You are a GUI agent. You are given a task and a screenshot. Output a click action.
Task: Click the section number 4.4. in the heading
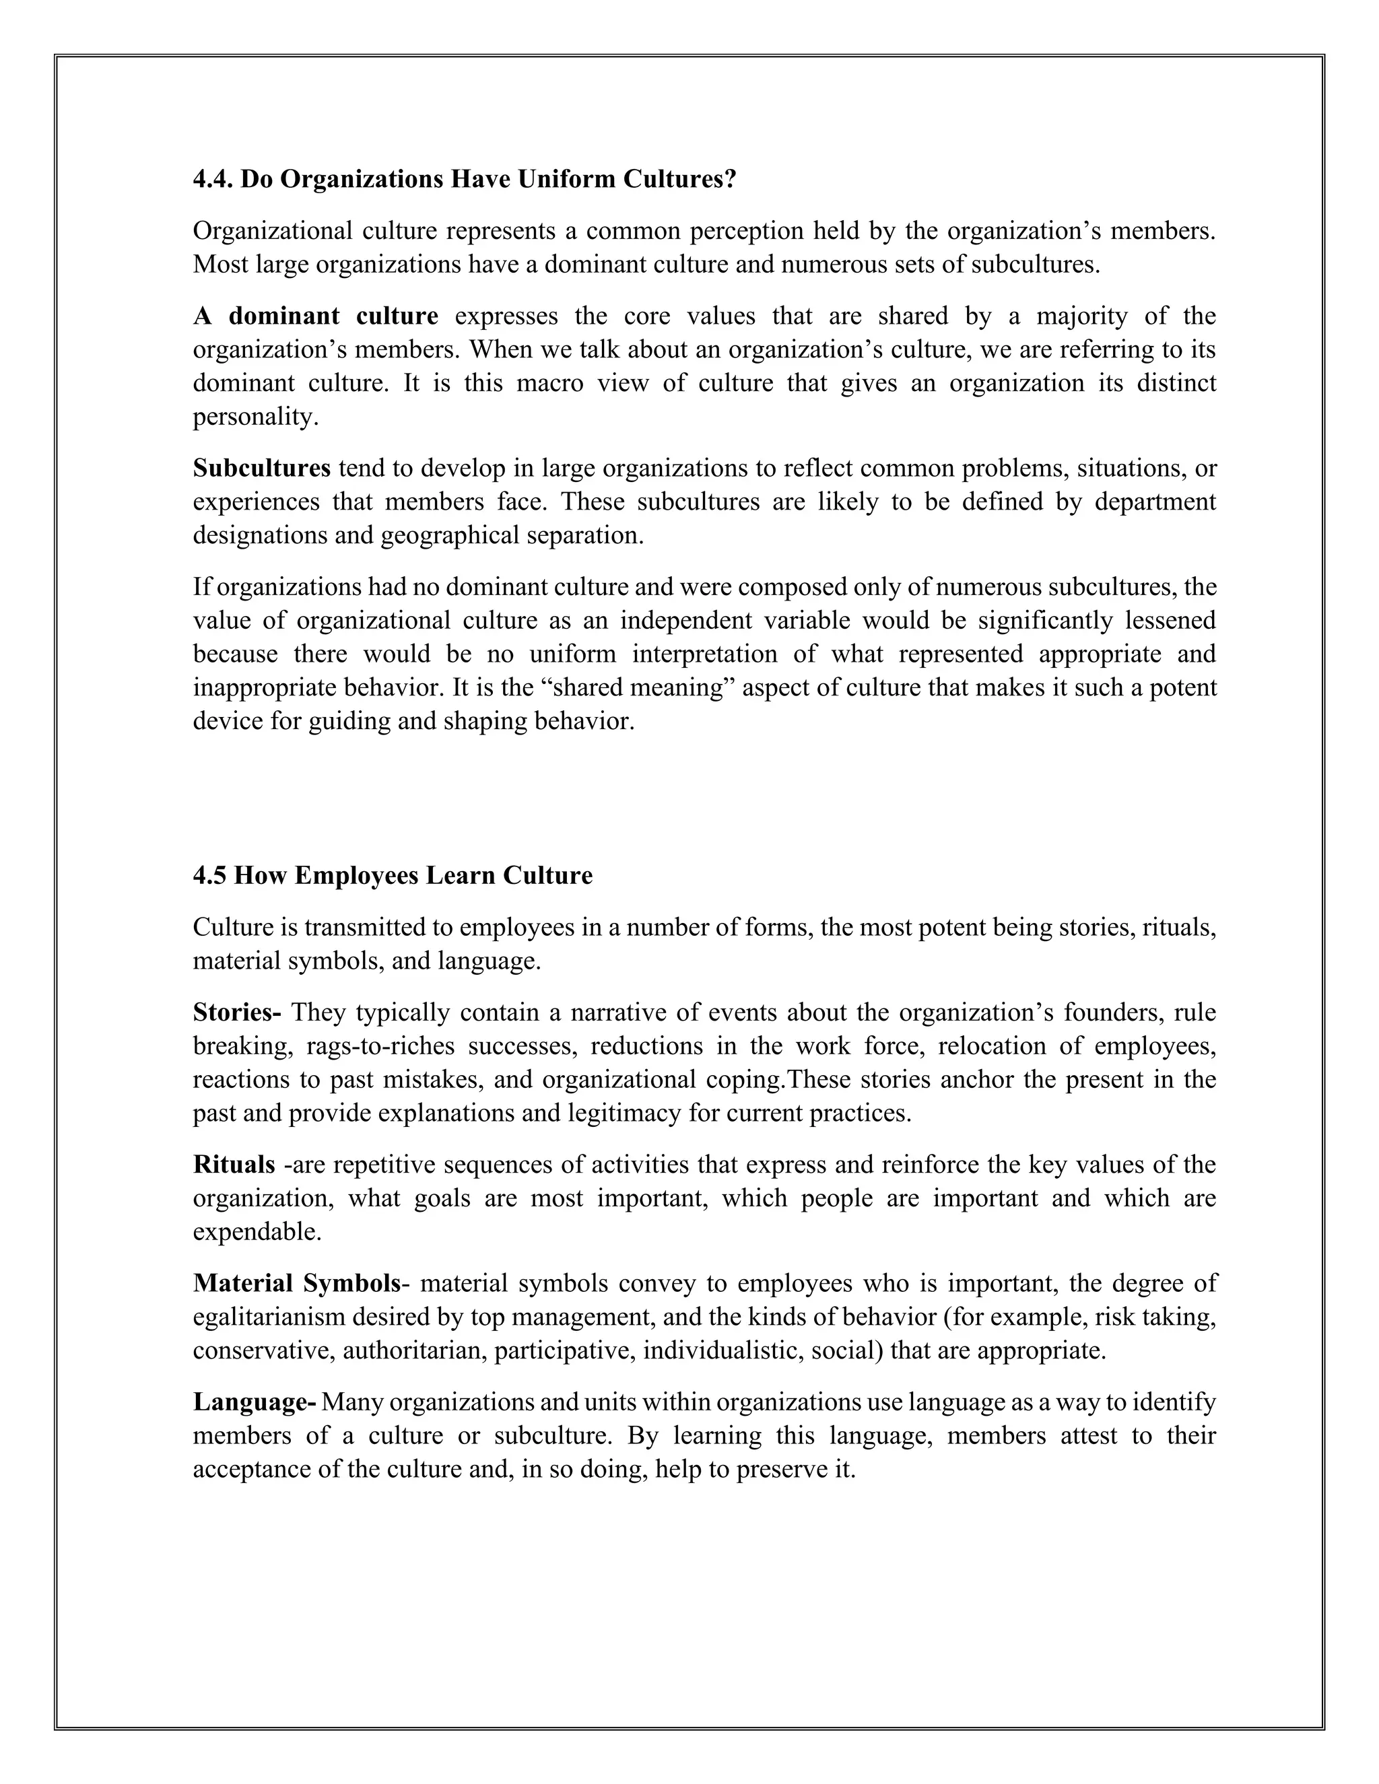(214, 180)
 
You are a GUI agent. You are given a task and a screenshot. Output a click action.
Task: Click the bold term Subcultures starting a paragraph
(261, 468)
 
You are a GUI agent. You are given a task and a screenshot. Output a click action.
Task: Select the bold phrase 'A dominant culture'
(315, 316)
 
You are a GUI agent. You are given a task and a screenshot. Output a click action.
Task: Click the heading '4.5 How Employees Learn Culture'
(392, 876)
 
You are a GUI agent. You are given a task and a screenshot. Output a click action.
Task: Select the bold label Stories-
(237, 1013)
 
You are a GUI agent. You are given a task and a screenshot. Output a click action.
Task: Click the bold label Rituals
(234, 1165)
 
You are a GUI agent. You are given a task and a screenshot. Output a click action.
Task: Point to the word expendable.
(256, 1232)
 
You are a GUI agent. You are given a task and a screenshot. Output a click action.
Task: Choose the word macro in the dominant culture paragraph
(550, 383)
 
